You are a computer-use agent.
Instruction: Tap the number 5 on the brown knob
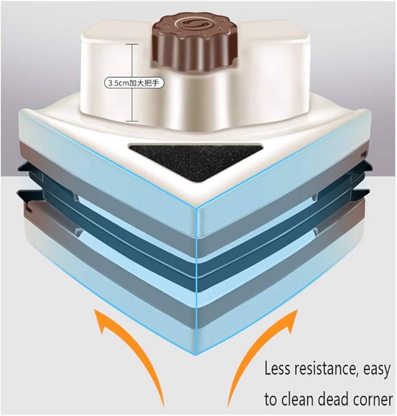[167, 26]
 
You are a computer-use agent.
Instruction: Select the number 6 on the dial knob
[171, 20]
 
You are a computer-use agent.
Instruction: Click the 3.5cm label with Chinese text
[134, 83]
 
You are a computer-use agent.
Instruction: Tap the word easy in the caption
[378, 370]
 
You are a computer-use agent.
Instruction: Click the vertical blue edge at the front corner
[196, 281]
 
